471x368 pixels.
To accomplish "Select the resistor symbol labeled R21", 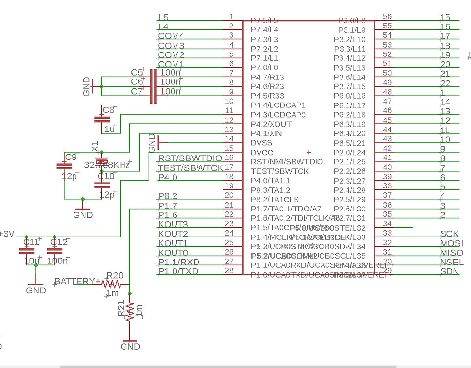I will tap(130, 311).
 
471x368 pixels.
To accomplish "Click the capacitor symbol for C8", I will tap(102, 119).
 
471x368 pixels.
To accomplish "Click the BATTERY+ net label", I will tap(77, 281).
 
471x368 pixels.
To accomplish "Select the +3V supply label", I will tap(7, 234).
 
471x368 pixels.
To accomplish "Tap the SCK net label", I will tap(449, 234).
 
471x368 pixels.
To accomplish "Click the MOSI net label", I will tap(451, 243).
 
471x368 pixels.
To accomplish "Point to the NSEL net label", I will tap(451, 262).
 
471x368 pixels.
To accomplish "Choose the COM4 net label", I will tap(171, 36).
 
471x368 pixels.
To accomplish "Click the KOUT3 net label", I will tap(173, 224).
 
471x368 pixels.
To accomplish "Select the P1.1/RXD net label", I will tap(178, 262).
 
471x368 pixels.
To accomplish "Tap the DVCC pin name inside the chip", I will tap(262, 152).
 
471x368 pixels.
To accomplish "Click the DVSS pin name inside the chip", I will tap(262, 143).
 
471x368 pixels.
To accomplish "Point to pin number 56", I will tap(387, 17).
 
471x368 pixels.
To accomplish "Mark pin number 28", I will tap(228, 271).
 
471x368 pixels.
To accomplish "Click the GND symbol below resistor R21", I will tap(130, 343).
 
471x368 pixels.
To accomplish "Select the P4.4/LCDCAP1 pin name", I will tap(278, 105).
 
